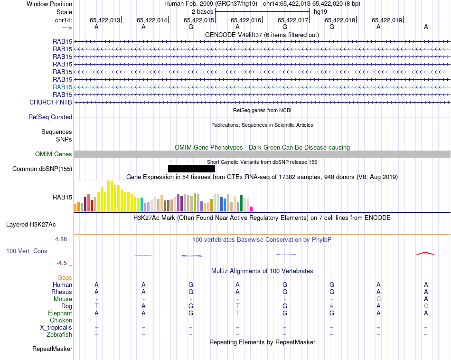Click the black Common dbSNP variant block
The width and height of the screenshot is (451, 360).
[191, 169]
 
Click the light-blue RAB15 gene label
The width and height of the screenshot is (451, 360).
[63, 87]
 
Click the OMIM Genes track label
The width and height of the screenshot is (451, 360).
[54, 154]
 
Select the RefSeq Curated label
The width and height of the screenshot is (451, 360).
[50, 117]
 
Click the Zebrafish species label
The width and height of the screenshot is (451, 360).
[60, 335]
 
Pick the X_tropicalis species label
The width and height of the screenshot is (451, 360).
[56, 328]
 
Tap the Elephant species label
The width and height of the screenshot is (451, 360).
[60, 313]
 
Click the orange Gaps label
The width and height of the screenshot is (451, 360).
[65, 277]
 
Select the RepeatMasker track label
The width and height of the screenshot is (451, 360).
[52, 349]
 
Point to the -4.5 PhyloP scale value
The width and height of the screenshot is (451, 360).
[62, 263]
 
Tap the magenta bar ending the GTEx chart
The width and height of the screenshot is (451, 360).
[252, 208]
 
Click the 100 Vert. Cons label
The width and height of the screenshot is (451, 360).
[27, 251]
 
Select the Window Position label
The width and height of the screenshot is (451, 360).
[49, 4]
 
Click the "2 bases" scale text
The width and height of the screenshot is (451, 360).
[203, 11]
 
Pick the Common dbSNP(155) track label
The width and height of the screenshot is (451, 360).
[42, 169]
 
